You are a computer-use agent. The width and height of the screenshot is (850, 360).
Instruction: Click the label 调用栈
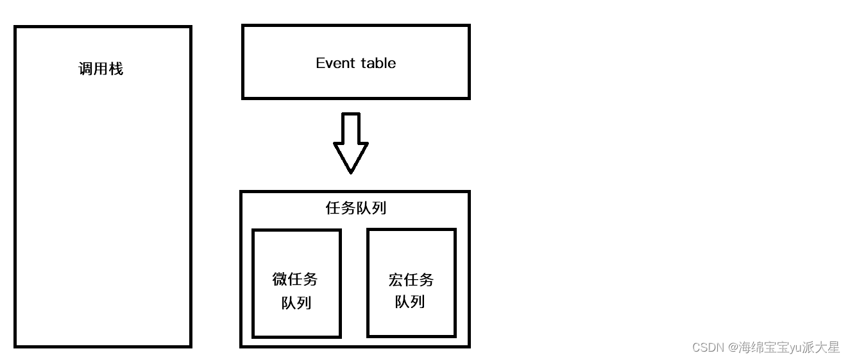[101, 69]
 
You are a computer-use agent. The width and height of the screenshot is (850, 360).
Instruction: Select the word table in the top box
[378, 63]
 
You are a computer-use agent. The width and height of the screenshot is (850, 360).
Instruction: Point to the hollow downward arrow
[351, 142]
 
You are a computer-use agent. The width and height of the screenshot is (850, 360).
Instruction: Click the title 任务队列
[356, 209]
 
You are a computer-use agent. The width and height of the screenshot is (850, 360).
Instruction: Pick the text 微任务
[295, 279]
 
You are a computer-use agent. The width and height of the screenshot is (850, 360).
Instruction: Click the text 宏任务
[411, 279]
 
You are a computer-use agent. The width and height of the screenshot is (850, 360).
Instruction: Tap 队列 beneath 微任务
[296, 302]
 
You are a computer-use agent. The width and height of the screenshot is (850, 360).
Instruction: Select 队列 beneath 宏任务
[410, 302]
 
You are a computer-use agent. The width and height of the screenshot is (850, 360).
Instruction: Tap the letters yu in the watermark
[795, 347]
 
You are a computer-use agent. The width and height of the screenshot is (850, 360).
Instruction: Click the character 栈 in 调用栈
[115, 69]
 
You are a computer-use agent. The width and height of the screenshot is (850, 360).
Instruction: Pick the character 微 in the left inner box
[280, 279]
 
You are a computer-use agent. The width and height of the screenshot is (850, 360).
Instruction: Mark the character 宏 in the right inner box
[396, 279]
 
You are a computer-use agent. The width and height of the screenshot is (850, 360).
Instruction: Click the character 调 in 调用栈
[86, 69]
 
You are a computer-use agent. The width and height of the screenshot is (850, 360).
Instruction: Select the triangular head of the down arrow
[351, 157]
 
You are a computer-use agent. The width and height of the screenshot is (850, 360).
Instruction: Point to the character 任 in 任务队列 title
[334, 209]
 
